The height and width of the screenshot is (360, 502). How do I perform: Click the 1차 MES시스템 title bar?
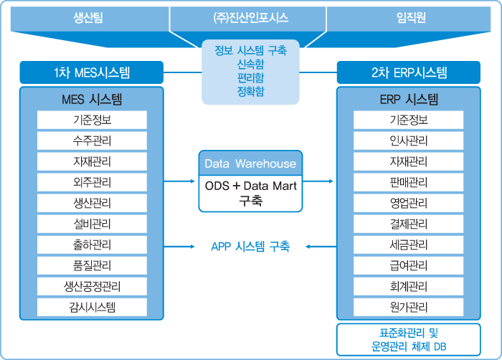(92, 72)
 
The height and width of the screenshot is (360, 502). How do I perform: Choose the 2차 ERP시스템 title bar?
(409, 72)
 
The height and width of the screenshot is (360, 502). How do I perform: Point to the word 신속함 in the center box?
(250, 64)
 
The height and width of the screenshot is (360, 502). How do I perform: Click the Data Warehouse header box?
(250, 164)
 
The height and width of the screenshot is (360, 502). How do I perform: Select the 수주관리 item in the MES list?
(92, 141)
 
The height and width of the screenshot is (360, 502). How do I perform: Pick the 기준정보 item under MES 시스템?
(92, 120)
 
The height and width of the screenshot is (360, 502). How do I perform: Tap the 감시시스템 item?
(92, 308)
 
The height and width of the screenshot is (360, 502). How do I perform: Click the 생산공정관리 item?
(92, 287)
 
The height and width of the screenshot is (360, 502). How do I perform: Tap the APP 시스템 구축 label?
(250, 247)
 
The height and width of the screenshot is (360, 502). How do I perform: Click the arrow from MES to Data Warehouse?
(180, 181)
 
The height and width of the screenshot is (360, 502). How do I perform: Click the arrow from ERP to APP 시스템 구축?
(321, 247)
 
